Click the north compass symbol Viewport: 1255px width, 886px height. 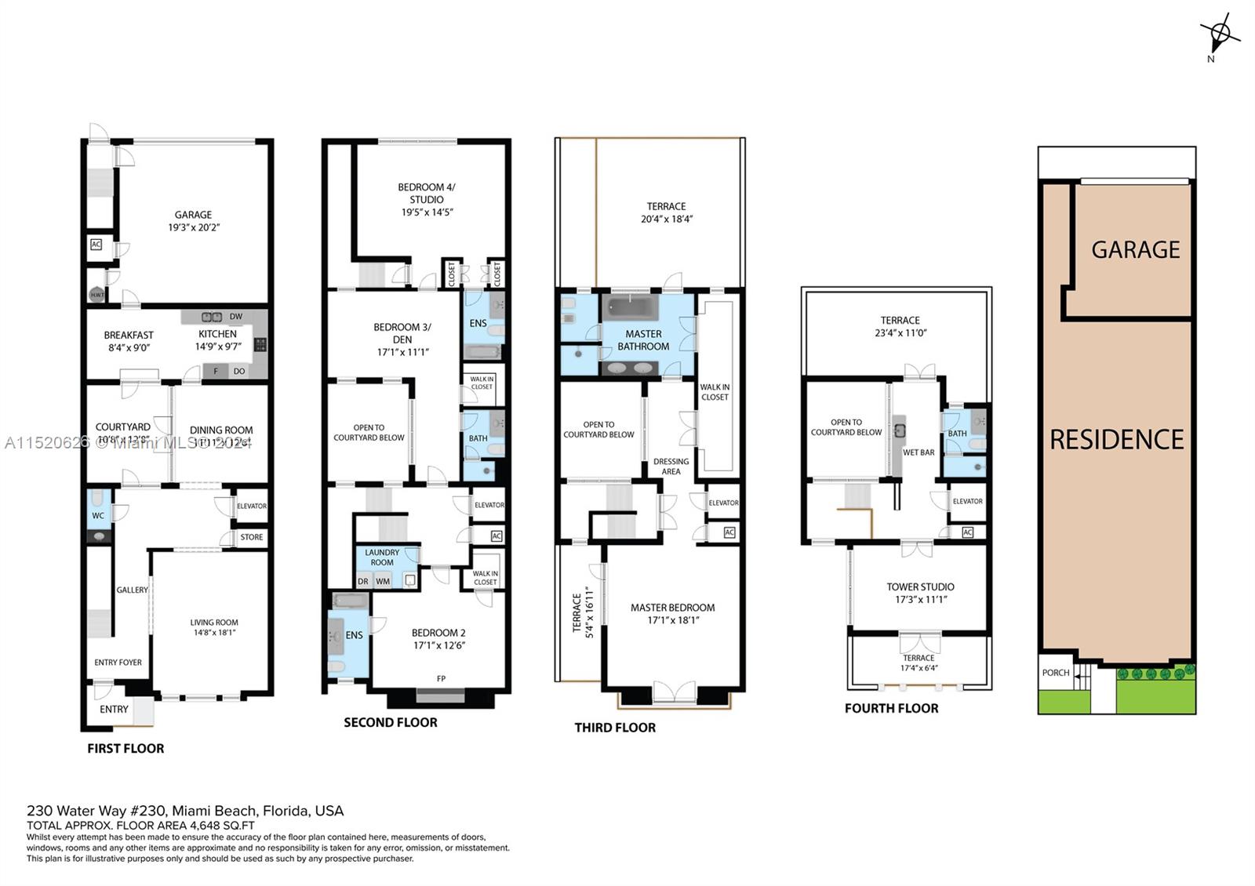click(x=1219, y=34)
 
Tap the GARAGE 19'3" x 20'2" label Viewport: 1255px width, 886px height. click(x=193, y=221)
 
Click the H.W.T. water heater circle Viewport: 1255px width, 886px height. click(x=96, y=295)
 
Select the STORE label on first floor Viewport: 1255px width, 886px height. click(x=252, y=537)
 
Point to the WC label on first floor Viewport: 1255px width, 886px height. click(x=98, y=516)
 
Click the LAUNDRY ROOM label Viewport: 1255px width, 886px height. click(x=382, y=557)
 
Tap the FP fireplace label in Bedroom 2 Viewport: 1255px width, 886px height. click(x=441, y=678)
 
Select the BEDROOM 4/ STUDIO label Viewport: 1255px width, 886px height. click(x=426, y=199)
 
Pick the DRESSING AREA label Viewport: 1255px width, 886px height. click(x=671, y=467)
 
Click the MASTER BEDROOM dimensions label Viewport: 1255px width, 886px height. click(x=673, y=620)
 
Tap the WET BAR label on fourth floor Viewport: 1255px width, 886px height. click(x=919, y=452)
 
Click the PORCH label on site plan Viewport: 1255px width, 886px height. click(x=1056, y=673)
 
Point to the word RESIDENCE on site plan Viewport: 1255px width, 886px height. click(x=1116, y=440)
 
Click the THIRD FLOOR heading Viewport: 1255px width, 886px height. click(x=614, y=728)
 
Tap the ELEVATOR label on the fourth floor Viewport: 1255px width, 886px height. click(x=967, y=501)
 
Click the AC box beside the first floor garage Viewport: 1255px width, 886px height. click(x=96, y=245)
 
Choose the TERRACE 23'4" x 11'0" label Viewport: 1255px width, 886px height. click(x=900, y=326)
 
